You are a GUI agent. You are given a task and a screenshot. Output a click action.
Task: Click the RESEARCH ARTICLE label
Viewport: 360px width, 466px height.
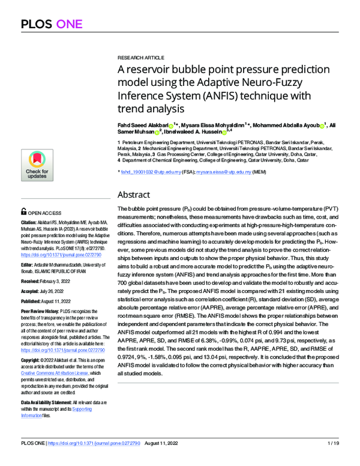[x=137, y=53]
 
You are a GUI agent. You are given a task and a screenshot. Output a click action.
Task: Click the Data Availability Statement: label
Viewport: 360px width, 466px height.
[x=50, y=401]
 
